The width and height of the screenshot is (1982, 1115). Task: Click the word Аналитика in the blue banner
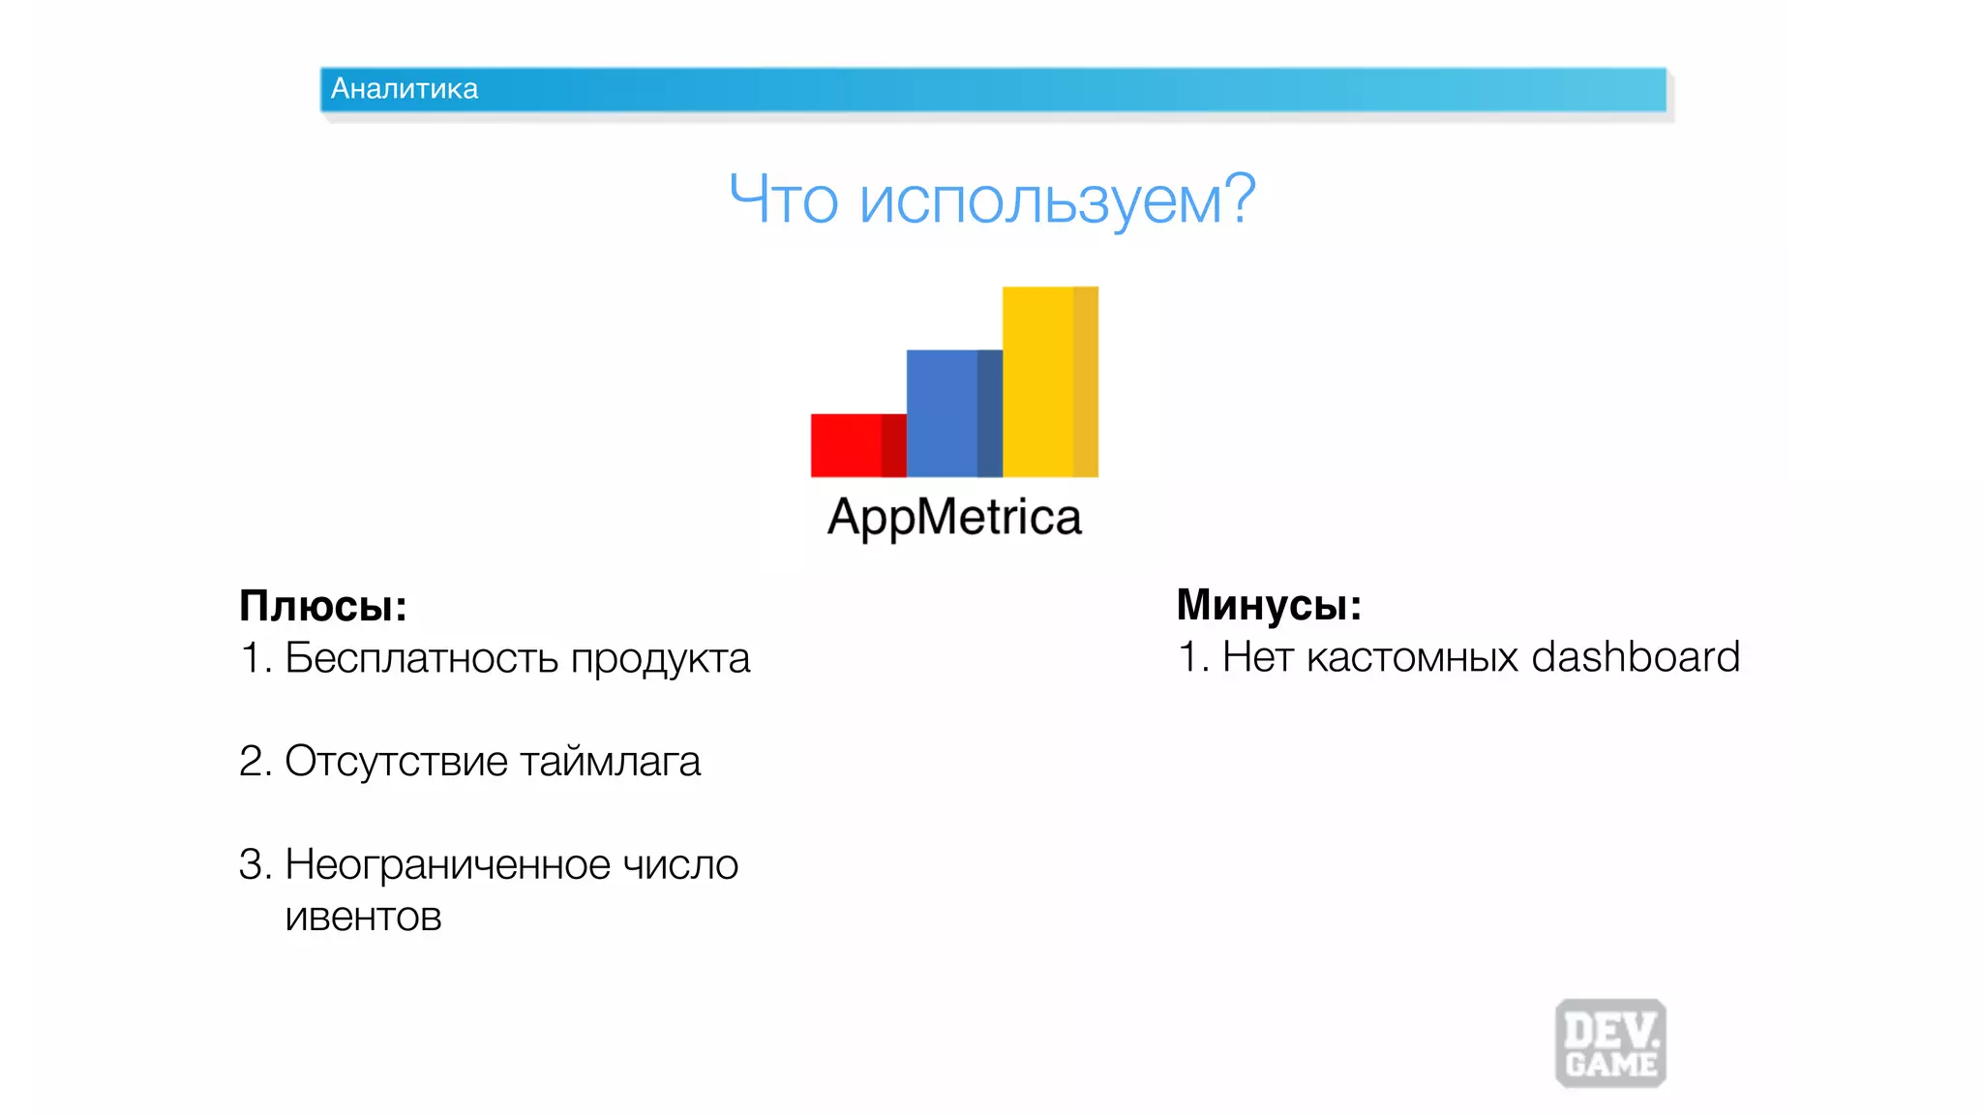(x=404, y=89)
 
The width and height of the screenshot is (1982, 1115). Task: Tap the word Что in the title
(x=783, y=200)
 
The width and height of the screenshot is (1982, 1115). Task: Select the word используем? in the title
(x=1057, y=200)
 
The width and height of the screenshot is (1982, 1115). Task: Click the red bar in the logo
(x=857, y=445)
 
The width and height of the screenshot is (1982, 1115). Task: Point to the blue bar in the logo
(x=953, y=413)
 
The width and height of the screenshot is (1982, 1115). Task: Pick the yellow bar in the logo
(x=1049, y=381)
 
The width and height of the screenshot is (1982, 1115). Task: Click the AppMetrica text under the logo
(x=954, y=518)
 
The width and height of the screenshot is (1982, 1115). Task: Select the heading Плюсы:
(x=323, y=606)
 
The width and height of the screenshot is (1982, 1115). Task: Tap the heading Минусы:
(x=1269, y=605)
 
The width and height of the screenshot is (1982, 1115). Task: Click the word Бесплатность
(x=421, y=658)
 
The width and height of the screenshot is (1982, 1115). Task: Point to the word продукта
(x=660, y=658)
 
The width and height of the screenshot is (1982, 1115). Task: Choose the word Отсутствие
(x=396, y=761)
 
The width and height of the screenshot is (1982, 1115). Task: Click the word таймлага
(x=610, y=761)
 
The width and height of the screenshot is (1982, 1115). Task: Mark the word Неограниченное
(x=447, y=864)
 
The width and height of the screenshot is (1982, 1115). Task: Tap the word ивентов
(x=363, y=916)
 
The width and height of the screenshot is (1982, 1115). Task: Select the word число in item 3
(x=679, y=864)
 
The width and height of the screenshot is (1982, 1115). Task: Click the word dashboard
(x=1636, y=657)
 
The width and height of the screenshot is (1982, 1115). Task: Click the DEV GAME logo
(x=1610, y=1043)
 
